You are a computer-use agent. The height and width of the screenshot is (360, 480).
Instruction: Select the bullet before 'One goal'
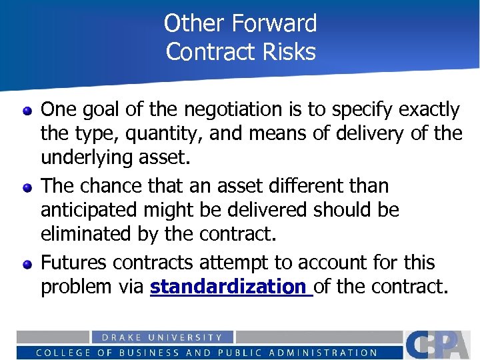tap(27, 110)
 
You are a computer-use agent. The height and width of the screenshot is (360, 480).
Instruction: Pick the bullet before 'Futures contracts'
tap(27, 264)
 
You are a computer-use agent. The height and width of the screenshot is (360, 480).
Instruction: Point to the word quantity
tap(165, 133)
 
